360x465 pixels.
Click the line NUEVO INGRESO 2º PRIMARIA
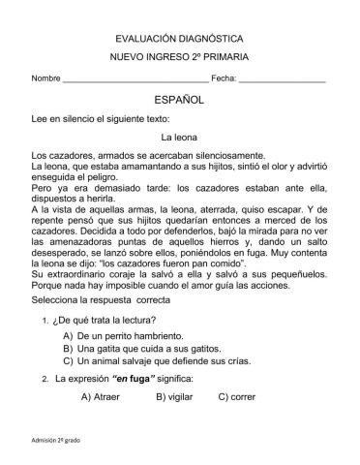[x=179, y=58]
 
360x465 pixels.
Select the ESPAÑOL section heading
[x=179, y=101]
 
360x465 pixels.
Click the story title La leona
[x=179, y=137]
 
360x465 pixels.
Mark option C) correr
[x=237, y=396]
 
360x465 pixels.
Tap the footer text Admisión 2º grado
[x=57, y=441]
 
